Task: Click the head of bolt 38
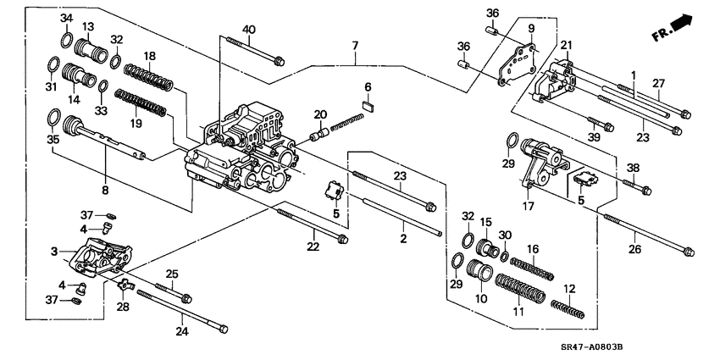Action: (x=645, y=188)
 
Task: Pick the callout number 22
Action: (x=313, y=246)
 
